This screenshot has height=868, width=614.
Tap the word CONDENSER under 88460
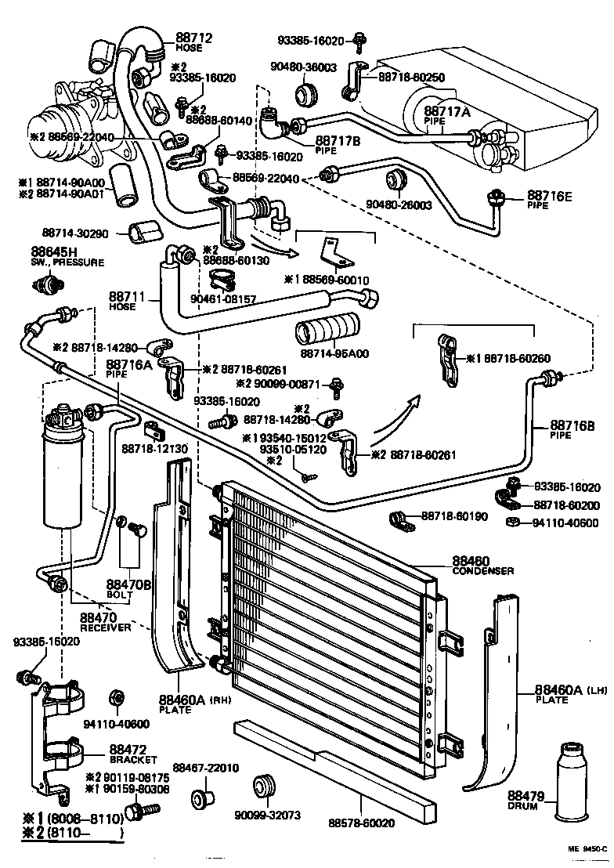pyautogui.click(x=483, y=571)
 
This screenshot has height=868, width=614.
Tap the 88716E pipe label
pyautogui.click(x=549, y=199)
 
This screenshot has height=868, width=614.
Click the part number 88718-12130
pyautogui.click(x=154, y=448)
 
